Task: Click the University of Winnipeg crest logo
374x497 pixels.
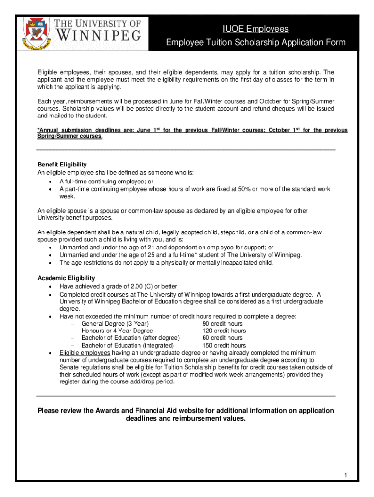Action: (35, 32)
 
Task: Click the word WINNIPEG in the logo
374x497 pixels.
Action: (100, 35)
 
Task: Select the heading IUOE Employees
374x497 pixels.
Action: (255, 29)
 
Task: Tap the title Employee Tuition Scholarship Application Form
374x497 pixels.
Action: (255, 43)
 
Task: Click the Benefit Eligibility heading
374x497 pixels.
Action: (62, 165)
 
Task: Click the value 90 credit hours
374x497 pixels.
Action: (222, 324)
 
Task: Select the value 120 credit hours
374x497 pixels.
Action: (224, 331)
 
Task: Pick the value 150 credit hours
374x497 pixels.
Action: (224, 346)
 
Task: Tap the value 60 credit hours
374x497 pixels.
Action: (222, 338)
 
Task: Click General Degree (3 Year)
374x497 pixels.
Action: (115, 324)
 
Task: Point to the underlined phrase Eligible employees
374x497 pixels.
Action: (85, 353)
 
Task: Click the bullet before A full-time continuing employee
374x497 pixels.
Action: (51, 182)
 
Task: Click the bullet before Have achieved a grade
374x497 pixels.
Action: (51, 287)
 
